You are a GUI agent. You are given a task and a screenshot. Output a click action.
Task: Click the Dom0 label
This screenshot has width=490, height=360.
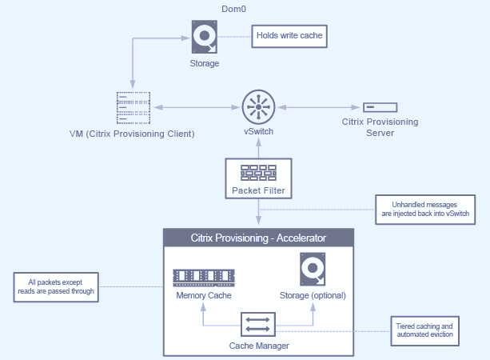pyautogui.click(x=232, y=10)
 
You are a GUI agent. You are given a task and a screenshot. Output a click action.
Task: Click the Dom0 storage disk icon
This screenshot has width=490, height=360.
pyautogui.click(x=204, y=37)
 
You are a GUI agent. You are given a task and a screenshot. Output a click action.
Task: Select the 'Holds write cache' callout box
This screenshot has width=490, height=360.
pyautogui.click(x=290, y=35)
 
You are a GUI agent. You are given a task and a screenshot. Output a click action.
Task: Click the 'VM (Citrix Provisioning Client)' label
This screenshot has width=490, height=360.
pyautogui.click(x=132, y=132)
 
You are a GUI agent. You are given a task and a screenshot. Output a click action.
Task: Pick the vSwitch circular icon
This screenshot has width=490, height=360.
pyautogui.click(x=257, y=106)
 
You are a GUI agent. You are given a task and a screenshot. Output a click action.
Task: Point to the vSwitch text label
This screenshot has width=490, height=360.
pyautogui.click(x=258, y=131)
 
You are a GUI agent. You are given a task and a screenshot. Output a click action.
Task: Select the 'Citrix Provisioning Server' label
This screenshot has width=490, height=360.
pyautogui.click(x=380, y=126)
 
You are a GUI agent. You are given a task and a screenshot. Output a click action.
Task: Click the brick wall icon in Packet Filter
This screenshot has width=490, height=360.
pyautogui.click(x=257, y=172)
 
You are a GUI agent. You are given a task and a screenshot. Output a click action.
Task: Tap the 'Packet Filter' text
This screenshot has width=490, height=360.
pyautogui.click(x=257, y=190)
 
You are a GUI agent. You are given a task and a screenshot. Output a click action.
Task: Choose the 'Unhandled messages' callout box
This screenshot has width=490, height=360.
pyautogui.click(x=426, y=210)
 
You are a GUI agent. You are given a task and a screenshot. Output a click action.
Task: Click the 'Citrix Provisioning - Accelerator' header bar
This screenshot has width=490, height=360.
pyautogui.click(x=258, y=238)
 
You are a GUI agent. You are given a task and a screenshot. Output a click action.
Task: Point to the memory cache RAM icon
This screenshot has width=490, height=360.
pyautogui.click(x=204, y=277)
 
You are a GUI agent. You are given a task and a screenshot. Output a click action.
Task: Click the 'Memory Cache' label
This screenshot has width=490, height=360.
pyautogui.click(x=204, y=295)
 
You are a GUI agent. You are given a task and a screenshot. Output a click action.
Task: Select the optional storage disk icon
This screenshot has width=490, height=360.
pyautogui.click(x=312, y=270)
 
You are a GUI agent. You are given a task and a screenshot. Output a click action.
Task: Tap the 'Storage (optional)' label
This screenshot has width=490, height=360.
pyautogui.click(x=312, y=295)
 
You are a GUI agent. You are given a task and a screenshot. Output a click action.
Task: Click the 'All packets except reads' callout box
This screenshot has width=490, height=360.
pyautogui.click(x=56, y=286)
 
